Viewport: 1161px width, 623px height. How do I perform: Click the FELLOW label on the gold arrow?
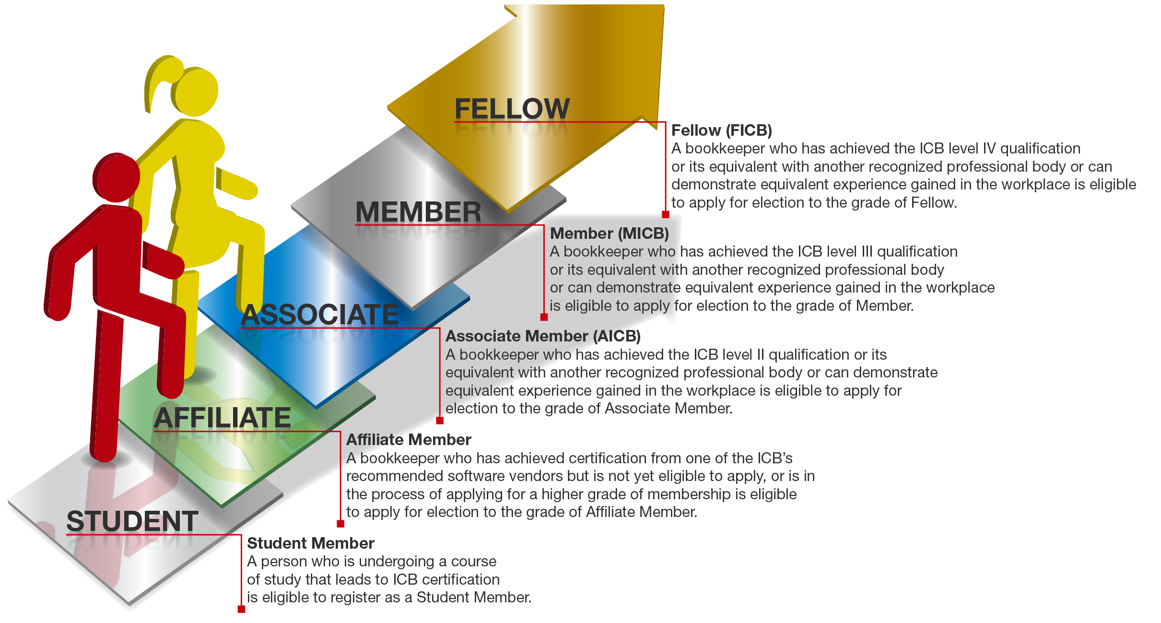(512, 108)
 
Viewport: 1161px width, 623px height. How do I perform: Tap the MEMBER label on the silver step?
(418, 212)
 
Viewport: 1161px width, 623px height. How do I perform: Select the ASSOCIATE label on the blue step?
(319, 315)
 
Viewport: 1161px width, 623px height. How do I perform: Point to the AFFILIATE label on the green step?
(222, 418)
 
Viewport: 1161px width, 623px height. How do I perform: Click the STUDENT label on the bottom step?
(132, 521)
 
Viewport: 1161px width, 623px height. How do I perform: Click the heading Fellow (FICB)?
(722, 130)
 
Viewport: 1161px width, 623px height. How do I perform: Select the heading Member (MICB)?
(610, 234)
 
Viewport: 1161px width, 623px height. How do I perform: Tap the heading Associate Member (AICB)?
(543, 336)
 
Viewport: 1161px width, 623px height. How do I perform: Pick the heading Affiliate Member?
(409, 440)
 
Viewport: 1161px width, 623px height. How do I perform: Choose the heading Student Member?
(311, 543)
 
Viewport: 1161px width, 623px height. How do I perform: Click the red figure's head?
(116, 177)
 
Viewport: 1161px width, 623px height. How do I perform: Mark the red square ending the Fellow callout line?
(666, 214)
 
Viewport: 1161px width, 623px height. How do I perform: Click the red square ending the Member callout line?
(544, 317)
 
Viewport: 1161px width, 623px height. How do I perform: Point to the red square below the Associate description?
(440, 421)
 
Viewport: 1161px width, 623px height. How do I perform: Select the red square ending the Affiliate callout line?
(340, 524)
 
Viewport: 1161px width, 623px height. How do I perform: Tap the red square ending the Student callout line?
(241, 609)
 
